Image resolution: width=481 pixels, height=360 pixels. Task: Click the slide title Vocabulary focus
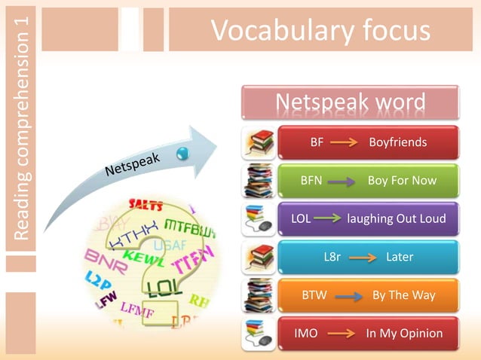[x=320, y=31]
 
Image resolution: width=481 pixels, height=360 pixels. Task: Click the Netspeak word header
[x=350, y=102]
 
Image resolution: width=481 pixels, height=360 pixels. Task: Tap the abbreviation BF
[x=317, y=142]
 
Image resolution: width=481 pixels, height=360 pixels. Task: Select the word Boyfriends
[x=397, y=142]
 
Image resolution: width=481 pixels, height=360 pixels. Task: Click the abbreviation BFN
[x=311, y=181]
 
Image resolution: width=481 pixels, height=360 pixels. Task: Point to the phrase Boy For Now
[x=401, y=181]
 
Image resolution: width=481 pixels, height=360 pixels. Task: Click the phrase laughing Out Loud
[x=396, y=219]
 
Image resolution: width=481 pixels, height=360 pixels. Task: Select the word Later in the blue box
[x=399, y=258]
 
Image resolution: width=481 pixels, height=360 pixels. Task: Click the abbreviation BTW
[x=314, y=295]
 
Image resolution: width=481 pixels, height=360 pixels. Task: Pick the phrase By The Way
[x=403, y=295]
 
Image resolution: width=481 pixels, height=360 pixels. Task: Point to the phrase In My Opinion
[x=404, y=333]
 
